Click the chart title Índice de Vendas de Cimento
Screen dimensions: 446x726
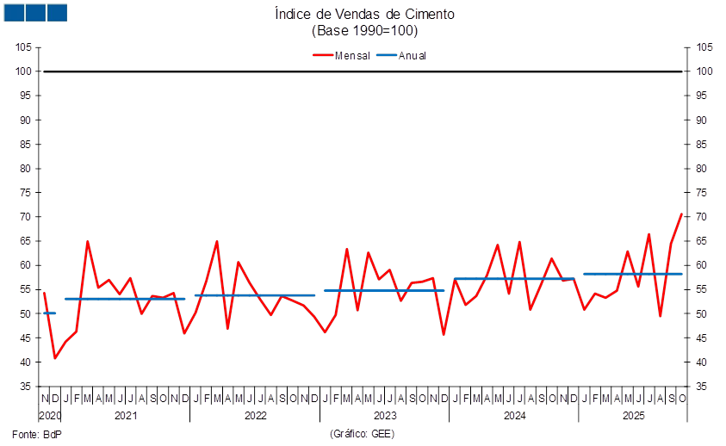[x=363, y=14]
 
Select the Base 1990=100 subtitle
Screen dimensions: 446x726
[x=363, y=30]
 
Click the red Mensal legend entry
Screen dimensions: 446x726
[x=342, y=55]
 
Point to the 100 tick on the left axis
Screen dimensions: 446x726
[x=26, y=71]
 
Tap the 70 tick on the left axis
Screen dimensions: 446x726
[x=26, y=217]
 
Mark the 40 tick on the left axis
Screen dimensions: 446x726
[x=26, y=362]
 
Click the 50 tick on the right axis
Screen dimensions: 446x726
[x=702, y=314]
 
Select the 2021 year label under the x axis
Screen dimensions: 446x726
[x=126, y=415]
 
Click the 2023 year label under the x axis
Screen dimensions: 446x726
[x=384, y=415]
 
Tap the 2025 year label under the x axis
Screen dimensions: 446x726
[x=635, y=415]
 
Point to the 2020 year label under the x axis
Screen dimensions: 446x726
[x=51, y=415]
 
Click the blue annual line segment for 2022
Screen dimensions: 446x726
[x=255, y=295]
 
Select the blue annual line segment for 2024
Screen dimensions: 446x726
[x=514, y=279]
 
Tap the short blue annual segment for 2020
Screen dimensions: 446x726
[x=49, y=313]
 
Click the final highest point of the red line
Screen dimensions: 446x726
[x=682, y=213]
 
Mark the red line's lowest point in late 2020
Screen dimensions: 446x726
[x=55, y=358]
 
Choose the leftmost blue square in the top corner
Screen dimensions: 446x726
[x=14, y=12]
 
